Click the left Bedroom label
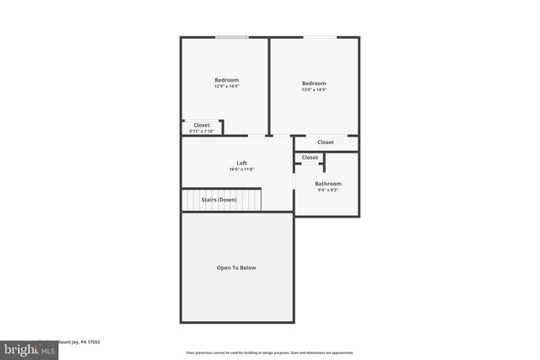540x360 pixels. point(226,80)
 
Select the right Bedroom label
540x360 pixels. point(314,83)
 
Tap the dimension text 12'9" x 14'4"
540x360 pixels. point(226,87)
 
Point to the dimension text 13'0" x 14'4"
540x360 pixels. point(314,89)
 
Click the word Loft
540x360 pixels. point(241,163)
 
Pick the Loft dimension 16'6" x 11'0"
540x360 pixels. point(241,169)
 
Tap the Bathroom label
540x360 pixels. point(328,184)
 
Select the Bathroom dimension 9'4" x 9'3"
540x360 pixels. point(328,191)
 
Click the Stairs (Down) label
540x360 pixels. point(219,200)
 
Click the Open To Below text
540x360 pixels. point(236,268)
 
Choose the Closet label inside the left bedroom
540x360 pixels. point(202,125)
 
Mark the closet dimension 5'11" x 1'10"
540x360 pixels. point(202,131)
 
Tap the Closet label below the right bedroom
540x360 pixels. point(326,142)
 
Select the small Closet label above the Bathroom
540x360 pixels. point(310,158)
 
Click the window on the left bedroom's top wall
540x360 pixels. point(231,37)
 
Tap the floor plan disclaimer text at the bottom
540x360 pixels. point(270,352)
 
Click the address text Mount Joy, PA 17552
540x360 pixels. point(78,342)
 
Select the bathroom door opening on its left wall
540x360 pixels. point(294,180)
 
